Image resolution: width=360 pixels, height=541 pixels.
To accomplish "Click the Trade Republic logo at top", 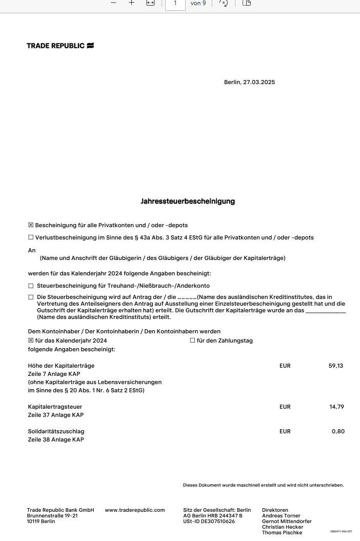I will [60, 46].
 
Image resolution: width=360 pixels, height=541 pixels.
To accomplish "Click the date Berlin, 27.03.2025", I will [249, 82].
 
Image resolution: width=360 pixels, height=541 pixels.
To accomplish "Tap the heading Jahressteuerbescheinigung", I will [188, 202].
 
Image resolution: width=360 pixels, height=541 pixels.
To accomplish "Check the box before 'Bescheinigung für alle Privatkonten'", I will [31, 225].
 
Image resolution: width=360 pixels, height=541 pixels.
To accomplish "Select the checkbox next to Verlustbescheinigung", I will [31, 237].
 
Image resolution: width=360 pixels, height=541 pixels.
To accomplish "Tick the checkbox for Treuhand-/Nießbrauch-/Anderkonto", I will [31, 286].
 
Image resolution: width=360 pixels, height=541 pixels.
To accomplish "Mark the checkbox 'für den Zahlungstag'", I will [192, 340].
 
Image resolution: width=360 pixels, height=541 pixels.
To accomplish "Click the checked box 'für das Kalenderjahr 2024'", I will [31, 340].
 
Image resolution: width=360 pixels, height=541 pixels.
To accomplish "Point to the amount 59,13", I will [336, 366].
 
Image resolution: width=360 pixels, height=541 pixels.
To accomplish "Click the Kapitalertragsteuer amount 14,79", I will [336, 407].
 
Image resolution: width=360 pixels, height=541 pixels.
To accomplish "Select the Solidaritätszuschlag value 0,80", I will [338, 431].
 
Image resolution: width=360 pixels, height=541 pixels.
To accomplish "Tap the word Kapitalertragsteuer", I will [56, 407].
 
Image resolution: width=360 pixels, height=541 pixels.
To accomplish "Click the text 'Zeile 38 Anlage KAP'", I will [56, 439].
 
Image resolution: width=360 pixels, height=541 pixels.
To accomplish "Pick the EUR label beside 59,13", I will [285, 366].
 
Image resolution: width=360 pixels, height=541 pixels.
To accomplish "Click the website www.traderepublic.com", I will [135, 510].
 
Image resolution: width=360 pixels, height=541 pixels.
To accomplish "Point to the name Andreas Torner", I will [281, 515].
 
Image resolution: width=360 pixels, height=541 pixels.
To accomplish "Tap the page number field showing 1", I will [175, 3].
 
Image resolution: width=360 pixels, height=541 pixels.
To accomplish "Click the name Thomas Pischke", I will [282, 533].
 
